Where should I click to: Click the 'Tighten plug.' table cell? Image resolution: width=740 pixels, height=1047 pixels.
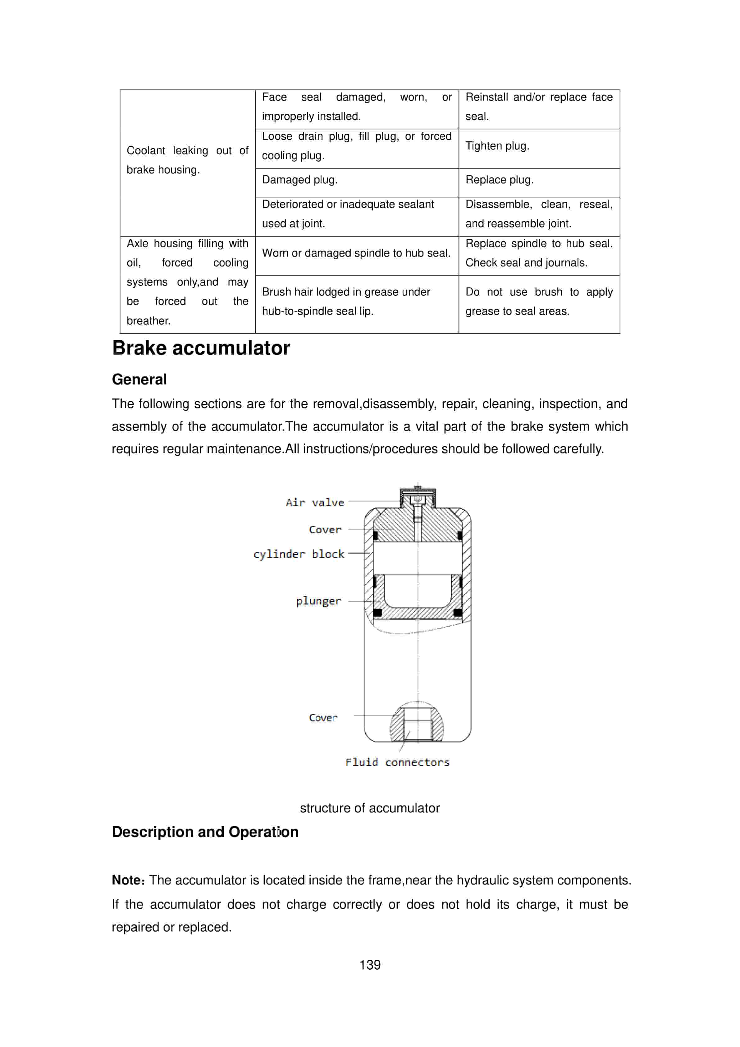(x=497, y=146)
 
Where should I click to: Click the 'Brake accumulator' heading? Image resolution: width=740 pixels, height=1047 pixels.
(x=201, y=348)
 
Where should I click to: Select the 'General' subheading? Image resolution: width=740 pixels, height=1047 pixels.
(x=139, y=379)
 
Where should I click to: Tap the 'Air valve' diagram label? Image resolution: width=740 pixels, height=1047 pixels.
(x=315, y=503)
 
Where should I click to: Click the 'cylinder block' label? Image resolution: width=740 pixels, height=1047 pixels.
(x=299, y=554)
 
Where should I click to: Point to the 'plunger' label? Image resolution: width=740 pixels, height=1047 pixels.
(x=318, y=601)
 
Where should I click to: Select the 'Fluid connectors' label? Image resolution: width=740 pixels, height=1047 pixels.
(x=397, y=762)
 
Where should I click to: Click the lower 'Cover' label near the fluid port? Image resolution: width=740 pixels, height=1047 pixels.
(x=323, y=718)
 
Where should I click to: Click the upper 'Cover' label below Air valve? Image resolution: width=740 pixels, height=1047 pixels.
(x=325, y=530)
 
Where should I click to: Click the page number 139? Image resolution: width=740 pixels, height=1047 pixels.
(x=370, y=965)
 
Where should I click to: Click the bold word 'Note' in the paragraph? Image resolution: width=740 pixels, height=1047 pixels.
(x=127, y=880)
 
